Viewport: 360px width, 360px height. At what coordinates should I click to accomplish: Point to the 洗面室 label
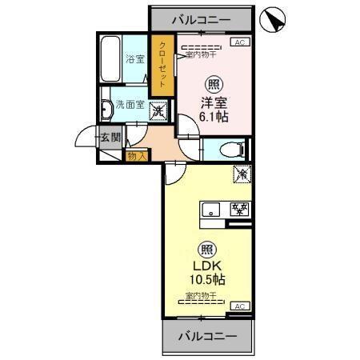pos(129,105)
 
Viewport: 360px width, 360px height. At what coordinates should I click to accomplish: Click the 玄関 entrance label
pos(110,138)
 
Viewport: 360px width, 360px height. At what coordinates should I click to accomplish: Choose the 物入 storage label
pos(137,156)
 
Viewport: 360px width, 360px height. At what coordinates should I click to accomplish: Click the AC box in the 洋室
pos(239,42)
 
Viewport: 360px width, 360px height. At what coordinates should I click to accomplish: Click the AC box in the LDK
pos(239,305)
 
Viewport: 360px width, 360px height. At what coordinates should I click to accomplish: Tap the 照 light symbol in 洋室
pos(215,85)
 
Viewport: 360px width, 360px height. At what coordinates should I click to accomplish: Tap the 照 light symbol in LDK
pos(207,249)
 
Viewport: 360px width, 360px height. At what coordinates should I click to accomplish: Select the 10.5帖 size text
pos(207,280)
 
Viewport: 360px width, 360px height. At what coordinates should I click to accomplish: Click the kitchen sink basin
pos(211,211)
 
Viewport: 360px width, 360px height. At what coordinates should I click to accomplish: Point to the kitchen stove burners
pos(238,210)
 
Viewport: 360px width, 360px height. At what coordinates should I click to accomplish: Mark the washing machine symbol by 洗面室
pos(158,110)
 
